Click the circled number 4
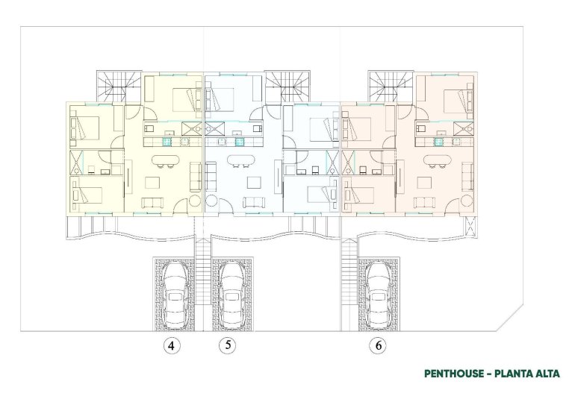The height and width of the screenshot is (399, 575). coord(172,346)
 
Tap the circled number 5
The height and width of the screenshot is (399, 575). coord(228,346)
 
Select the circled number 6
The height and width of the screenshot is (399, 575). coord(379,346)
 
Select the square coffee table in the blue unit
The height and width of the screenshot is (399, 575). coord(254,182)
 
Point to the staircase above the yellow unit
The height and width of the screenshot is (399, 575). coord(118,87)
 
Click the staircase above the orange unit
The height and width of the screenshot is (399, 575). coord(390,87)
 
